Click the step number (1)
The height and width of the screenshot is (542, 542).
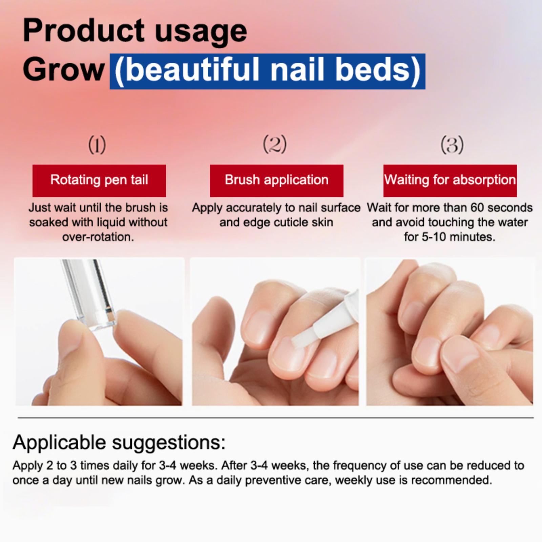97,145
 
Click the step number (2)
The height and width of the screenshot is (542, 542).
275,144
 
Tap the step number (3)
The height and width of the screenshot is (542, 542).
452,145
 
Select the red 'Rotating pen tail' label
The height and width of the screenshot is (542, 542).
99,181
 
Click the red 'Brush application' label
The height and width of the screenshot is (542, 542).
276,181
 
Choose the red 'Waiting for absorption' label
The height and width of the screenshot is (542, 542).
450,181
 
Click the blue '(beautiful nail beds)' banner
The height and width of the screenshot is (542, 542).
268,71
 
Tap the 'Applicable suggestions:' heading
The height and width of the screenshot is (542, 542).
119,442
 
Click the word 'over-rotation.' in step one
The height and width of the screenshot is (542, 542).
98,237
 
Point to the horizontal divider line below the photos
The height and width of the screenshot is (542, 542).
276,418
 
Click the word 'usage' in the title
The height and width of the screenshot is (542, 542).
201,33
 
